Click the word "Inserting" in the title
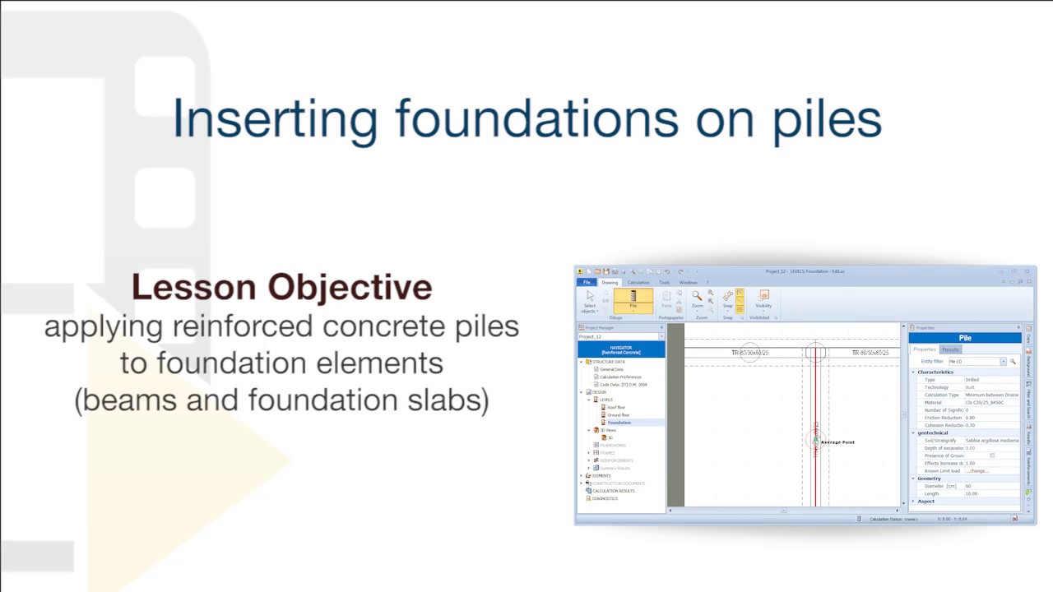point(275,119)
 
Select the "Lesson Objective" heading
point(281,287)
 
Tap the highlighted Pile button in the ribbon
point(633,300)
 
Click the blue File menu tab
point(587,282)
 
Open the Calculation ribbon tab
point(638,282)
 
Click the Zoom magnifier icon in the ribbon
point(697,297)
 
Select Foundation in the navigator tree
point(619,423)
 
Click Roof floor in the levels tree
point(616,407)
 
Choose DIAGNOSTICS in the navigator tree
point(605,498)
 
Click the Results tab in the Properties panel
point(950,349)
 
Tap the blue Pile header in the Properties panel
point(964,338)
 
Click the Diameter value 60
point(968,486)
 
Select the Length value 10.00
point(972,493)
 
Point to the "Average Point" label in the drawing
point(837,442)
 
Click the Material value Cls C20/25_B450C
point(984,402)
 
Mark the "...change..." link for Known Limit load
point(976,471)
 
